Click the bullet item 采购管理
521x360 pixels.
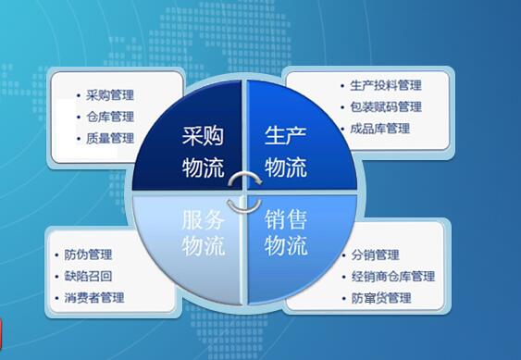click(x=110, y=94)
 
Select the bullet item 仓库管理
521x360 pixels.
click(x=110, y=117)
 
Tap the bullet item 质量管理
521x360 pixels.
click(x=110, y=139)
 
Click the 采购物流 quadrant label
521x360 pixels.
click(x=202, y=154)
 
